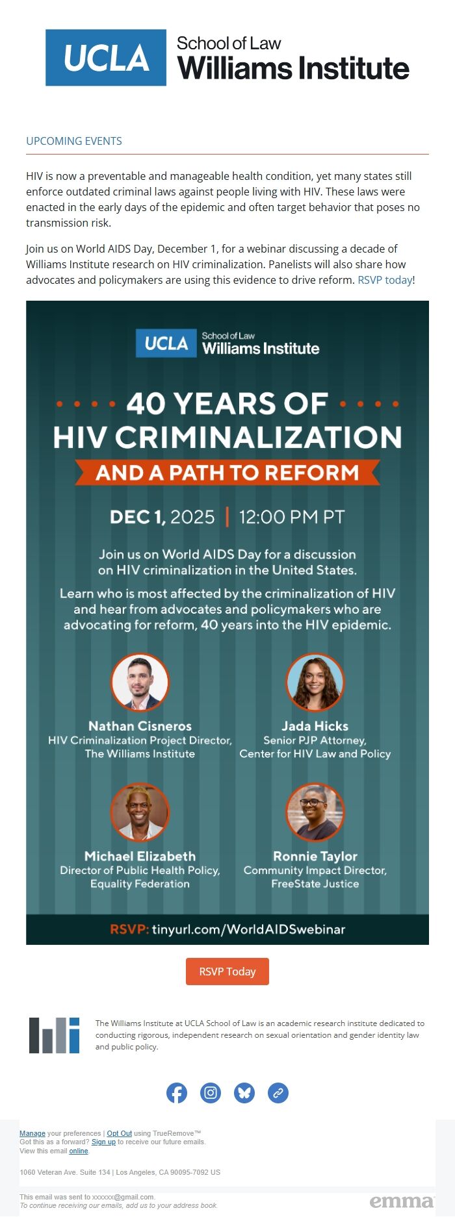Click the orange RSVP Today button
tap(227, 972)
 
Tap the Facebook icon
tap(177, 1093)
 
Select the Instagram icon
tap(211, 1093)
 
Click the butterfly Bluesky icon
tap(244, 1093)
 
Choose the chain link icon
tap(278, 1093)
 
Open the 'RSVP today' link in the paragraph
tap(385, 280)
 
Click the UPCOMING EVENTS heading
tap(74, 141)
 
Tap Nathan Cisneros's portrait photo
tap(140, 683)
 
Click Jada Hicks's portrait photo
tap(315, 683)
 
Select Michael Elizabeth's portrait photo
tap(140, 812)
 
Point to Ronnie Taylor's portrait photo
tap(315, 812)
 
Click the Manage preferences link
tap(32, 1133)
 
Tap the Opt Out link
tap(120, 1133)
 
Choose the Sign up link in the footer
tap(103, 1142)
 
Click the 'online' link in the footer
tap(79, 1151)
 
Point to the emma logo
tap(402, 1201)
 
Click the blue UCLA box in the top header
tap(106, 58)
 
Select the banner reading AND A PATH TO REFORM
tap(227, 472)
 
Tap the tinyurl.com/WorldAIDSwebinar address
tap(248, 929)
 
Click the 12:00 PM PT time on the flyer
tap(292, 517)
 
